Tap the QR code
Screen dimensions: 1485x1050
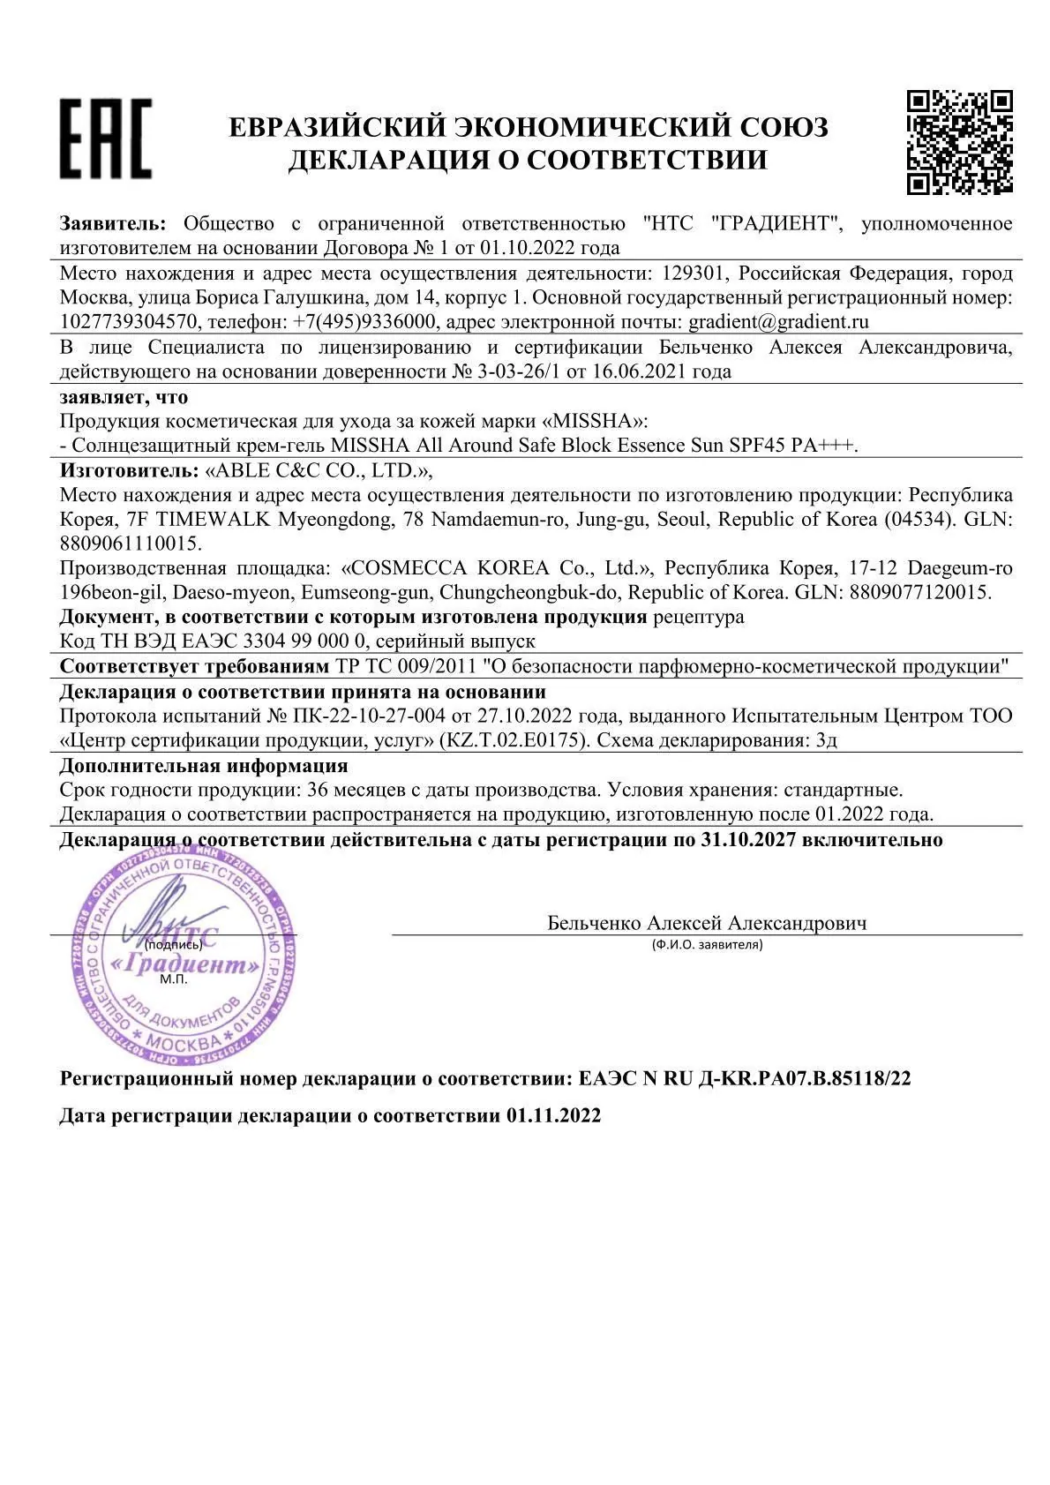pyautogui.click(x=959, y=141)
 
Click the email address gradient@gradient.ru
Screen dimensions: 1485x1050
pyautogui.click(x=779, y=321)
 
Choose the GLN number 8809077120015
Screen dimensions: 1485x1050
pyautogui.click(x=919, y=592)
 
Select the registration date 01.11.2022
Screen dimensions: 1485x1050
pyautogui.click(x=553, y=1115)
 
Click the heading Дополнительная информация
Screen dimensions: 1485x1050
pyautogui.click(x=204, y=765)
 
